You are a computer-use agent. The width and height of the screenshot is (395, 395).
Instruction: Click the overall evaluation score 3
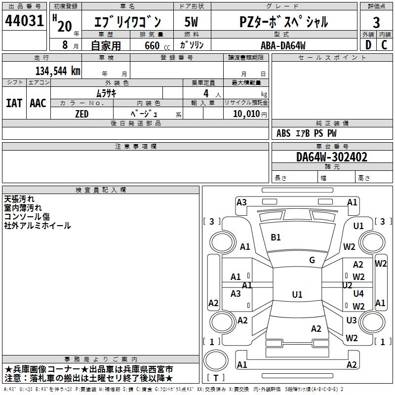coord(376,22)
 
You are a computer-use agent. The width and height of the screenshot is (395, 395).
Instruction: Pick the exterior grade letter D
coord(368,45)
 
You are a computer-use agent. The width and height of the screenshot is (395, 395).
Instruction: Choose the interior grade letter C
coord(385,45)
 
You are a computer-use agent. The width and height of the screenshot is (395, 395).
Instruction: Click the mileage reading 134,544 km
coord(58,71)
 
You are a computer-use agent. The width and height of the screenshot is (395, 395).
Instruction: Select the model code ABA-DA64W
coord(283,45)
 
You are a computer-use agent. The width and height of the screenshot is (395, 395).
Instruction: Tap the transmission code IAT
coord(14,103)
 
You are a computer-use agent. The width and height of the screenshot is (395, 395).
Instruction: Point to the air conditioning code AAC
coord(38,103)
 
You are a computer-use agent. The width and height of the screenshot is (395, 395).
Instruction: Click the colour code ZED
coord(82,113)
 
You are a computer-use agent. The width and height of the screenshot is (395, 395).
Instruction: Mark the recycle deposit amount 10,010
coord(245,114)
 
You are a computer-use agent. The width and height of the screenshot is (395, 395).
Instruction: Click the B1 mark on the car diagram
coord(276,237)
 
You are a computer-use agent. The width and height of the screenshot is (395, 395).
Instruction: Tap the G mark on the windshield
coord(312,260)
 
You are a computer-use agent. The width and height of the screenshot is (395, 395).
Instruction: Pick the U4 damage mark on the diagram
coord(358,294)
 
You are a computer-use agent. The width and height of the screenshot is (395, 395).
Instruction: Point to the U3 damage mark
coord(352,320)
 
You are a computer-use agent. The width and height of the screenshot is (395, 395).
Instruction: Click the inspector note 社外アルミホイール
coord(38,226)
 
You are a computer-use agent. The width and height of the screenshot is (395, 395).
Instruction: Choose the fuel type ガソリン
coord(193,45)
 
